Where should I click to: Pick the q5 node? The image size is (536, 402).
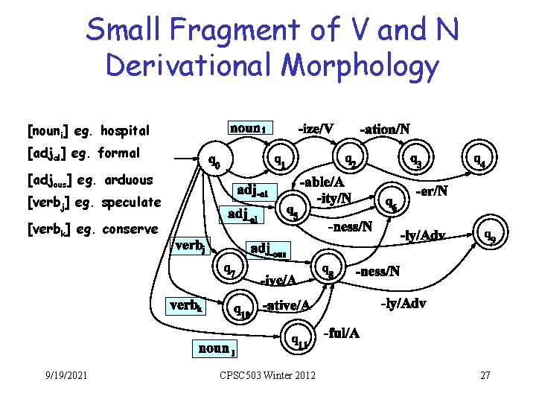click(293, 211)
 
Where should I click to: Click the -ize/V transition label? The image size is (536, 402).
click(316, 129)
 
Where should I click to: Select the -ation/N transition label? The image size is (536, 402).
click(384, 129)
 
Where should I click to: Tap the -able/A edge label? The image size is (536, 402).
click(322, 182)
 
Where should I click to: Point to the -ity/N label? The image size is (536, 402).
click(334, 198)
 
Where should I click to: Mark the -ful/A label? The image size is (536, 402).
click(342, 332)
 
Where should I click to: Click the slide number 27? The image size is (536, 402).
click(485, 374)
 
